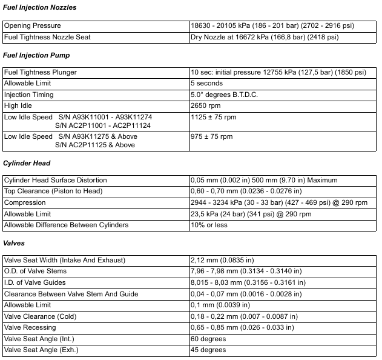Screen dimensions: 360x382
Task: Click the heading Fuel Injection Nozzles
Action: [39, 7]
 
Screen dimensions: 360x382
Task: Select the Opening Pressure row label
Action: [33, 26]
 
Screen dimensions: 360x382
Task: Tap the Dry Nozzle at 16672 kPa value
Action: [265, 37]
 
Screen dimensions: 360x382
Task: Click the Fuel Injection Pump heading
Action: [36, 55]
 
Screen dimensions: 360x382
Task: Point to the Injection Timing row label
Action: [29, 95]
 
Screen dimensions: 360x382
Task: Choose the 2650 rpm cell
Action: [205, 105]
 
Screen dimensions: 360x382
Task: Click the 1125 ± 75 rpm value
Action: [211, 117]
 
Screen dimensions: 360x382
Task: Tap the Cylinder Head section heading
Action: [26, 163]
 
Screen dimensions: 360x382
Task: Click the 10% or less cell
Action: [209, 225]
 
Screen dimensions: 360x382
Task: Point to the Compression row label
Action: [25, 202]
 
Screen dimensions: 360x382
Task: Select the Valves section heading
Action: [14, 243]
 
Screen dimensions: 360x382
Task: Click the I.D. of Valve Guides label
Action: [35, 282]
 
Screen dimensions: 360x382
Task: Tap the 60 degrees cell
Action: [208, 339]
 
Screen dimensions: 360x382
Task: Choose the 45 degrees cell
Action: [208, 350]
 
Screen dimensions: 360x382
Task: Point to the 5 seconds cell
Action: [206, 83]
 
